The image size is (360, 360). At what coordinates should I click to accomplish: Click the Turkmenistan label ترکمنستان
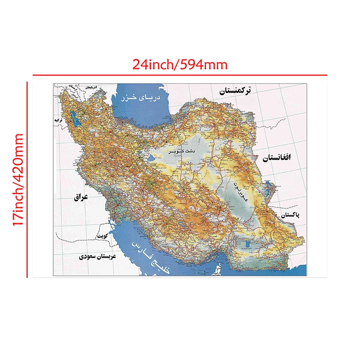(x=235, y=91)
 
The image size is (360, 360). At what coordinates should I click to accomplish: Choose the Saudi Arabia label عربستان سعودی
(x=97, y=257)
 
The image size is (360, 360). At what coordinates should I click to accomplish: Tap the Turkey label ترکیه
(x=58, y=121)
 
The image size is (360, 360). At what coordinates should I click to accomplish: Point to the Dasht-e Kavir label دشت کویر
(x=182, y=152)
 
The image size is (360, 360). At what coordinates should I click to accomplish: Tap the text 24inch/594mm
(x=180, y=64)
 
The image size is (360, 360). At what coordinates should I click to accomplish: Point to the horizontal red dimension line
(x=180, y=75)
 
